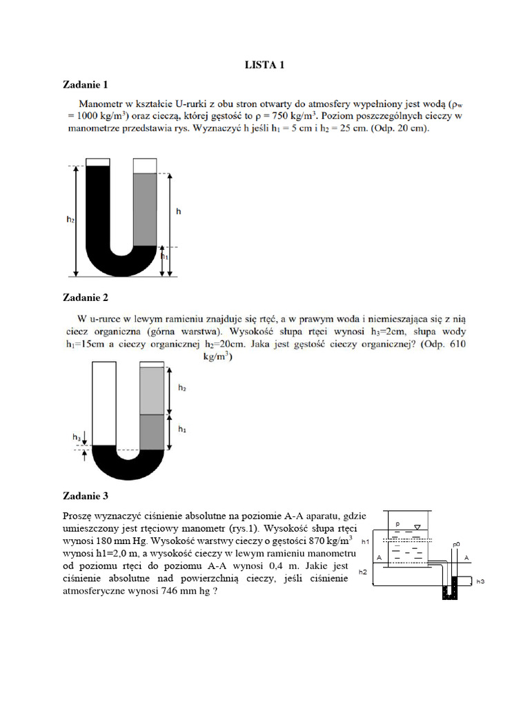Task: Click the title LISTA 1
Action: [264, 66]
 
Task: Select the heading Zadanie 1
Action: [86, 86]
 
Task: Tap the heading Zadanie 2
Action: [86, 298]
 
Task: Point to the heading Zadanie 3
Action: [86, 496]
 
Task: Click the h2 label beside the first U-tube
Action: [70, 220]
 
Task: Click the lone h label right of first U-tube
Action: [179, 211]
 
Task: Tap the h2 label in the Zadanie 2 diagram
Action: [182, 389]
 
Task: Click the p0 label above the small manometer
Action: [456, 545]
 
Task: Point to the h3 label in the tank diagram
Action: [480, 581]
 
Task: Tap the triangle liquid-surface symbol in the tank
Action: [416, 527]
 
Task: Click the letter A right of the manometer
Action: [467, 556]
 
